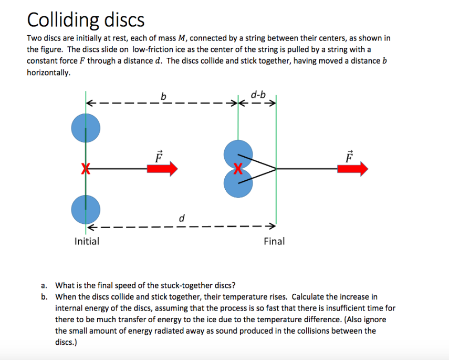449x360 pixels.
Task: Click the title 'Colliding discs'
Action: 86,20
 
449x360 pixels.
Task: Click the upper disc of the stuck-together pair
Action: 237,153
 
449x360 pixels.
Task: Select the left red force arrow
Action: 162,169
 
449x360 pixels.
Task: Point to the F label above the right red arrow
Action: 350,156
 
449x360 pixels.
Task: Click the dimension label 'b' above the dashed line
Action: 163,96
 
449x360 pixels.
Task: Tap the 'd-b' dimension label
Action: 258,95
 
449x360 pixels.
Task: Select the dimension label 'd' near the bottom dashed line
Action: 182,218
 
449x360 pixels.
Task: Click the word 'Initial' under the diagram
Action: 87,241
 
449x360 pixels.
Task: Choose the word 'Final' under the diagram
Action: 274,241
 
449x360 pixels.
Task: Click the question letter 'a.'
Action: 45,286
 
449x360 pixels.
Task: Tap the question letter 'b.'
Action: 45,297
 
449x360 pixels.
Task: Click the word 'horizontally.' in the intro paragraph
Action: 48,73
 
